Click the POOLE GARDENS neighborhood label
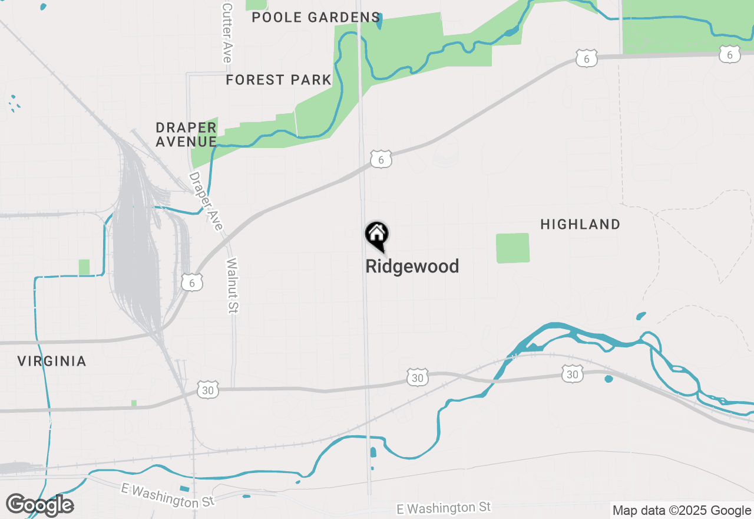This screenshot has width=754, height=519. point(316,17)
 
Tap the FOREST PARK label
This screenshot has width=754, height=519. point(279,80)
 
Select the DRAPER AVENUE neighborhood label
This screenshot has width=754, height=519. point(186,134)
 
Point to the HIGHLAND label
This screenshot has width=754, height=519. point(580,224)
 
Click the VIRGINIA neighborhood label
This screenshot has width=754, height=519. point(52,361)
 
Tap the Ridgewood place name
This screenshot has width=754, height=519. point(412,267)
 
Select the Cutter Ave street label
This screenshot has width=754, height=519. point(227,32)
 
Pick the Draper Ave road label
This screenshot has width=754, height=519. point(206,201)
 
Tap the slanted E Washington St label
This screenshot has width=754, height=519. point(168,495)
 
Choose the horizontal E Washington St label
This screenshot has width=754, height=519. point(444,508)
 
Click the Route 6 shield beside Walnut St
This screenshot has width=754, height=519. point(192,282)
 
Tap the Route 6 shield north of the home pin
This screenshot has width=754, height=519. point(381,159)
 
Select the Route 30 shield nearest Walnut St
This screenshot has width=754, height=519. point(207,390)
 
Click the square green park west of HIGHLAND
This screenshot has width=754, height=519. point(512,248)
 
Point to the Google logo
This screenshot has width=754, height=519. point(39,505)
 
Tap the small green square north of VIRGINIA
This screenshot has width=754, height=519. point(84,267)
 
